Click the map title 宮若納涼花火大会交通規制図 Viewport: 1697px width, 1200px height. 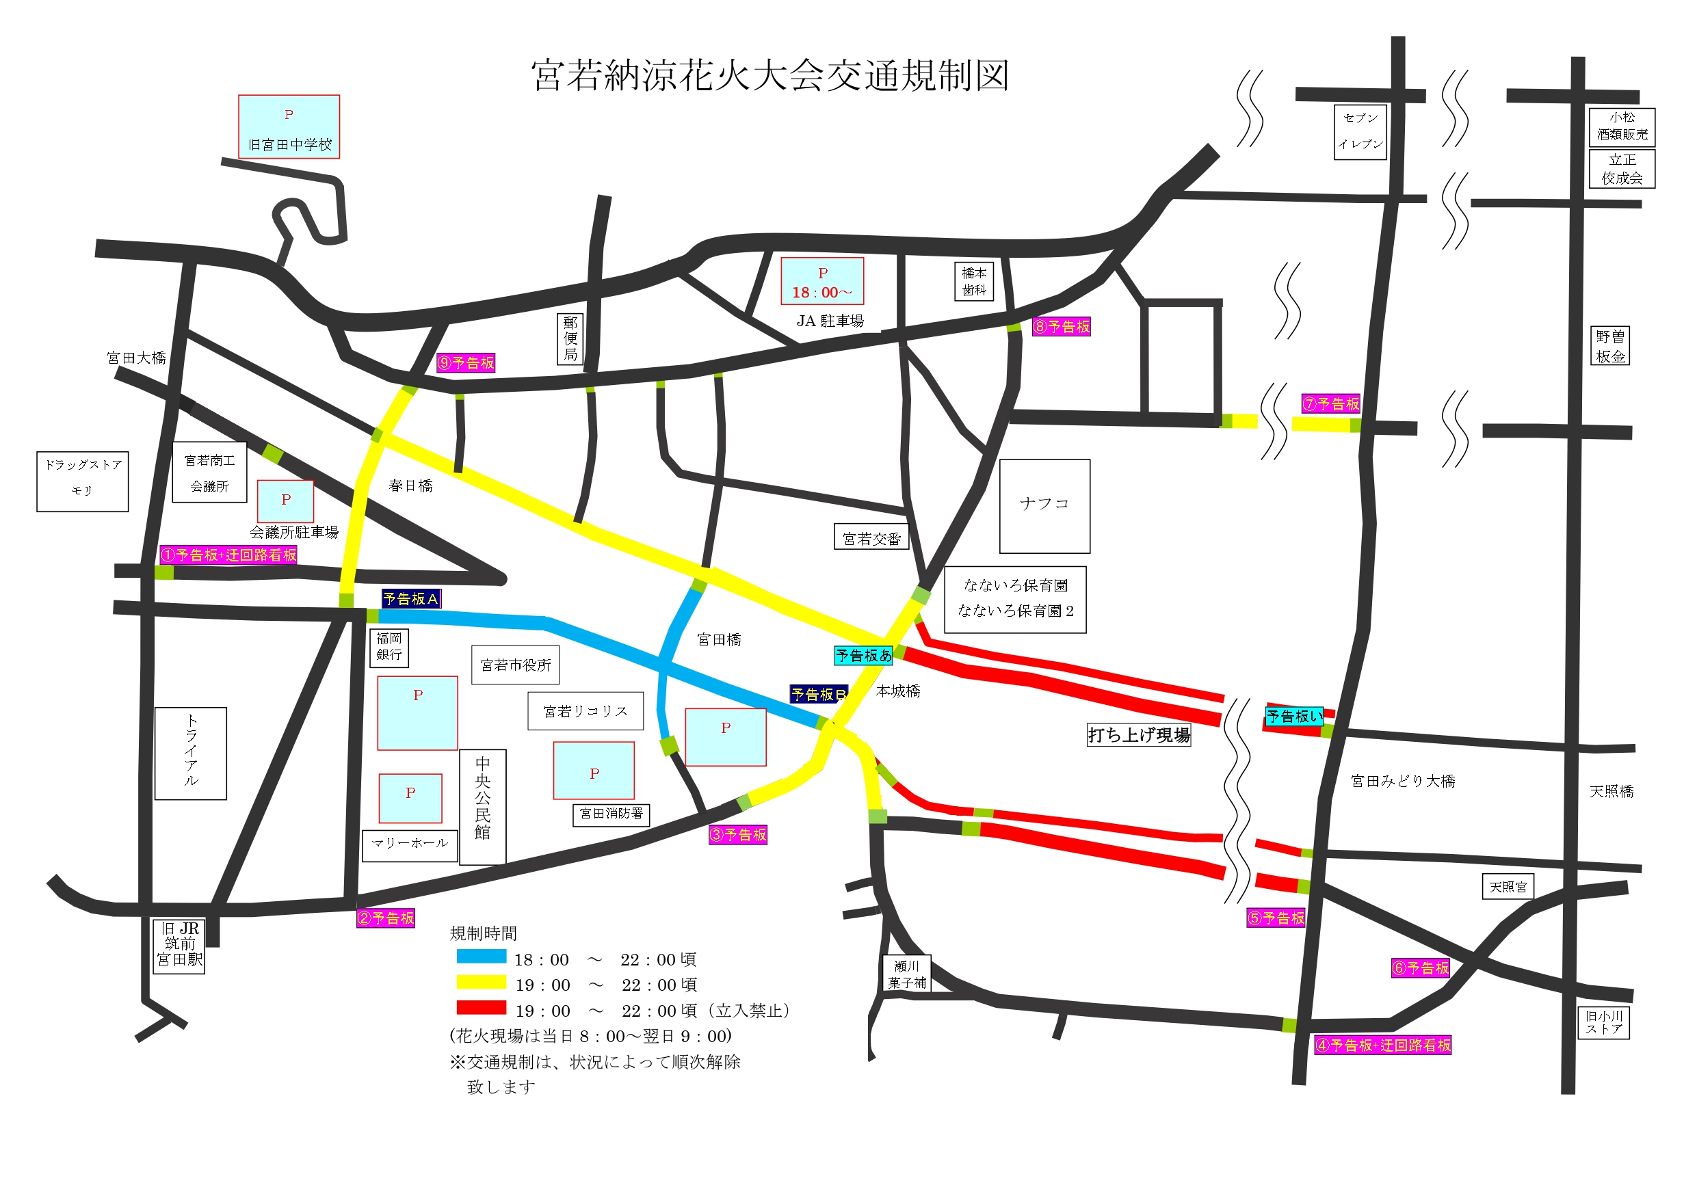point(770,76)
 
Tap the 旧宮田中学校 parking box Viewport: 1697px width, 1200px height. point(289,126)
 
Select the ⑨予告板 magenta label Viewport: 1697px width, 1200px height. point(466,363)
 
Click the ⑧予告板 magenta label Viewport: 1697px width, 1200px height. point(1062,327)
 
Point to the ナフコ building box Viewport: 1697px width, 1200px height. point(1044,506)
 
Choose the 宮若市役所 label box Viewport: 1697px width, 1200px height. point(515,665)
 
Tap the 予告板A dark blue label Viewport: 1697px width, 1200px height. point(411,598)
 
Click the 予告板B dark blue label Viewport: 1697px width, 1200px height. point(818,694)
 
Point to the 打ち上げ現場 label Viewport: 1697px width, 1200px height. point(1139,734)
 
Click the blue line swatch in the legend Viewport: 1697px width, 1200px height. point(481,956)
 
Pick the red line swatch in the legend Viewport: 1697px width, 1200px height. point(481,1007)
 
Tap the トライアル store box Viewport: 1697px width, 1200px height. point(191,754)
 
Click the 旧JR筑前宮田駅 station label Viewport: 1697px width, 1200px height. point(179,946)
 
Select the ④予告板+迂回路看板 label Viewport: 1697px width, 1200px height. point(1382,1045)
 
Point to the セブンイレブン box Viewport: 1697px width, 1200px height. point(1360,132)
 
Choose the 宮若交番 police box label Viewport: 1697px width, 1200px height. point(871,538)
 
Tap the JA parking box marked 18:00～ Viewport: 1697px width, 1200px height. point(822,281)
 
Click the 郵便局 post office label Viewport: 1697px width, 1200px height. point(570,339)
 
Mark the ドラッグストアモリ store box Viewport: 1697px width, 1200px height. point(83,482)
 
